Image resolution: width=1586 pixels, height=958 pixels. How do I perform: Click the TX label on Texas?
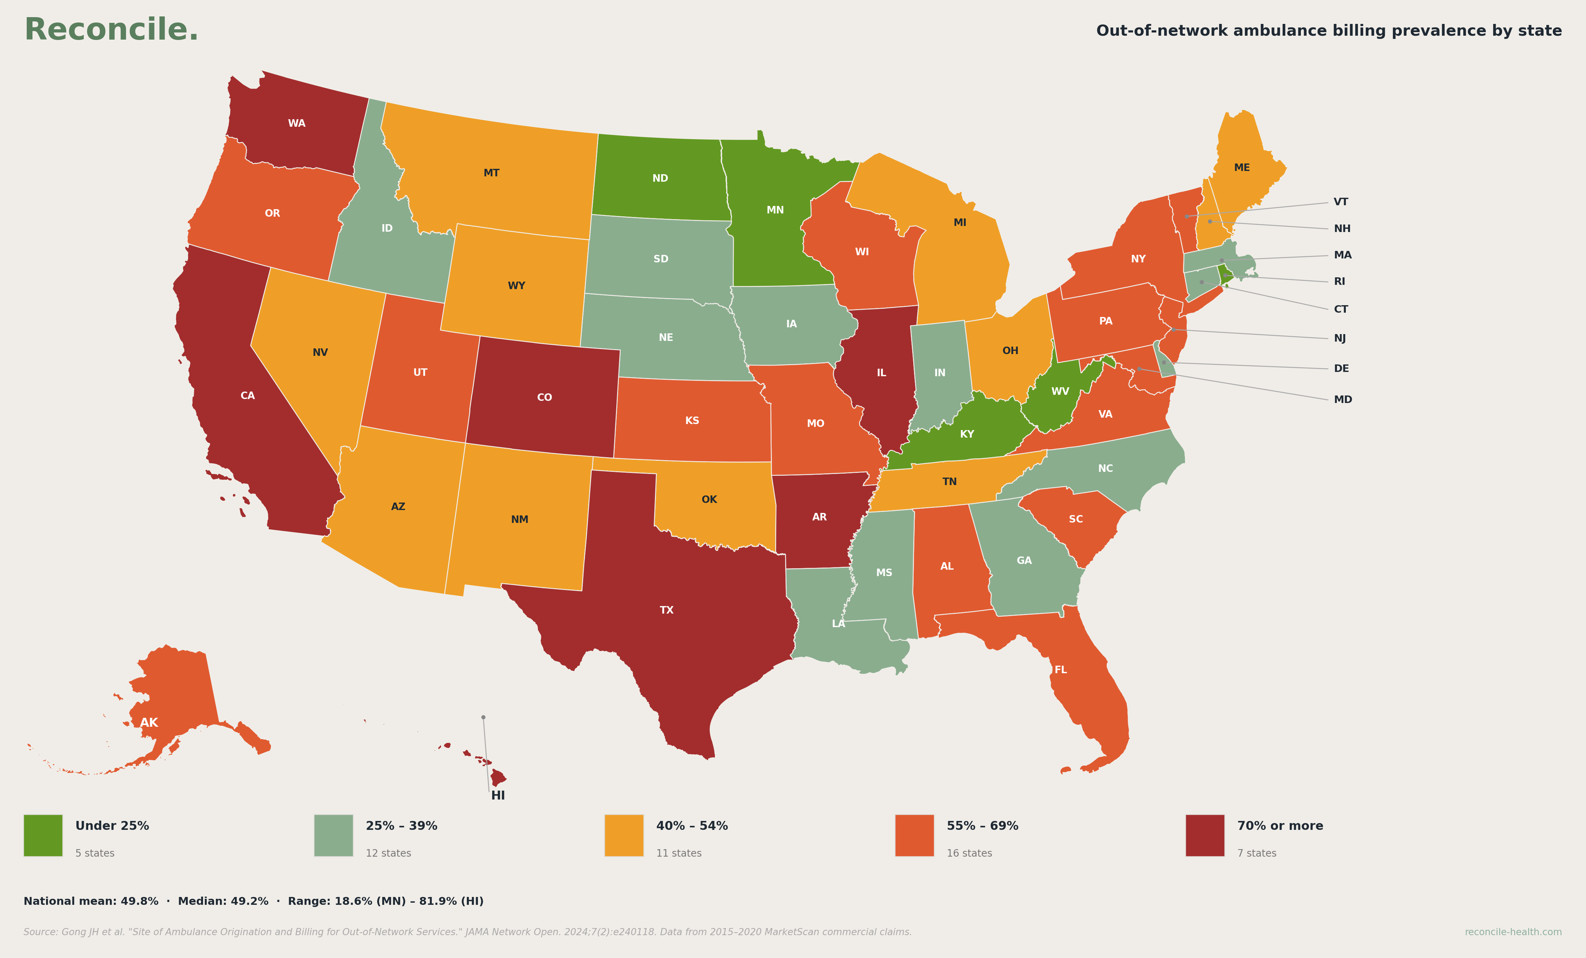(x=666, y=610)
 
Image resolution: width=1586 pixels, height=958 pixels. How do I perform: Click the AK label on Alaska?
(x=149, y=723)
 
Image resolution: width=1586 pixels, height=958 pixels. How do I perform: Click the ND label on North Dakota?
(x=660, y=178)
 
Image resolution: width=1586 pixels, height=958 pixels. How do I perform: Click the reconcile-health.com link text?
(x=1512, y=932)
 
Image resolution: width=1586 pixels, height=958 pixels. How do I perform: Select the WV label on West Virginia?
(x=1060, y=392)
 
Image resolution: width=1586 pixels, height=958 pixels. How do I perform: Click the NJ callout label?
(x=1339, y=339)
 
